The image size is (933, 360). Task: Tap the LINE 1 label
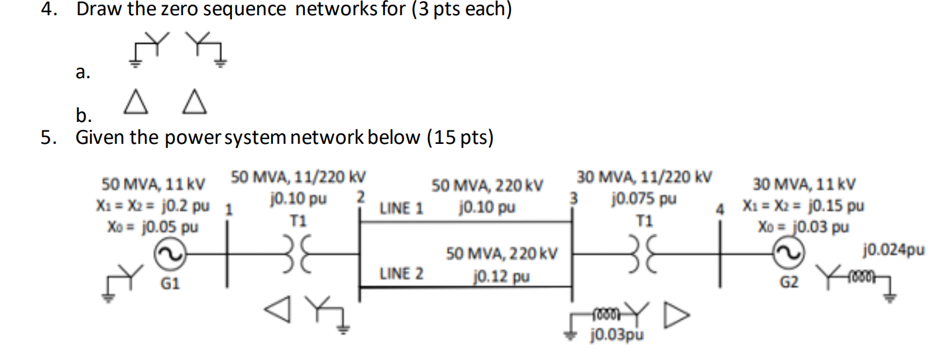402,209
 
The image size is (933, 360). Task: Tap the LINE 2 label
402,272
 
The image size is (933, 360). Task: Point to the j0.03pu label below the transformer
616,335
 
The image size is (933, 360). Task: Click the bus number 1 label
229,210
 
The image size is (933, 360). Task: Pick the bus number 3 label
575,198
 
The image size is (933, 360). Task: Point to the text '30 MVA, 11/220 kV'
644,177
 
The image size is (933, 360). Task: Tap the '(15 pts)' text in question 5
459,137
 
